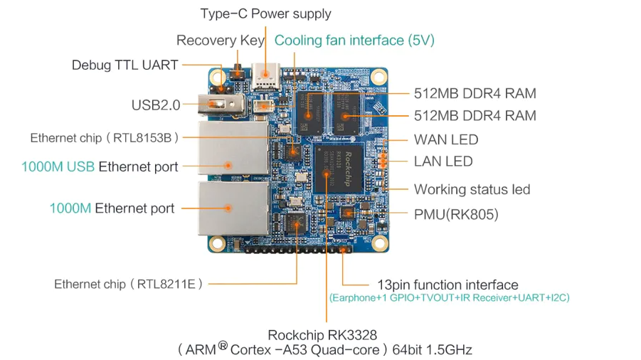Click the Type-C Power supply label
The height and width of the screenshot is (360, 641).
tap(266, 14)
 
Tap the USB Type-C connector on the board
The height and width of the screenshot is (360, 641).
tap(266, 76)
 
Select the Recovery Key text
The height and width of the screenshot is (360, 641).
tap(221, 41)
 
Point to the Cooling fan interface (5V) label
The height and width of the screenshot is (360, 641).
tap(354, 41)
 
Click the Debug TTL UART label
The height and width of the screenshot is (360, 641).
tap(125, 65)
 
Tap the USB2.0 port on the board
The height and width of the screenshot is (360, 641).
tap(221, 105)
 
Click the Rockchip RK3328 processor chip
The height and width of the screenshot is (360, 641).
tap(339, 169)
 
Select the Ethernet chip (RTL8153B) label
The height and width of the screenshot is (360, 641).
tap(105, 138)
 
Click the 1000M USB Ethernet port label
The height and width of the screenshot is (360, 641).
tap(100, 166)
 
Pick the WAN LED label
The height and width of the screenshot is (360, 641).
tap(446, 139)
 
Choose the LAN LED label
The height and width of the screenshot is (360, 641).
tap(443, 162)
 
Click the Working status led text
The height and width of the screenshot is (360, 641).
tap(472, 189)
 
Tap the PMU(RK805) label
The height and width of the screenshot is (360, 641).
tap(456, 215)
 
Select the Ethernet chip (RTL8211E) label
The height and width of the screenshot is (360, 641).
tap(128, 284)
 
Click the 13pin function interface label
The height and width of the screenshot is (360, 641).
tap(447, 285)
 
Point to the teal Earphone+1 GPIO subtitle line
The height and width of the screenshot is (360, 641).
tap(450, 298)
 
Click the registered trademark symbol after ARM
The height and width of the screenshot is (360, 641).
tap(223, 346)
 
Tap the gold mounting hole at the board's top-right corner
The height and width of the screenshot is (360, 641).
tap(378, 76)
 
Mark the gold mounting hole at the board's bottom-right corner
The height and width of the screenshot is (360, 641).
tap(379, 243)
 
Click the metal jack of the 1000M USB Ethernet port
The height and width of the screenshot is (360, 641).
tap(233, 149)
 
